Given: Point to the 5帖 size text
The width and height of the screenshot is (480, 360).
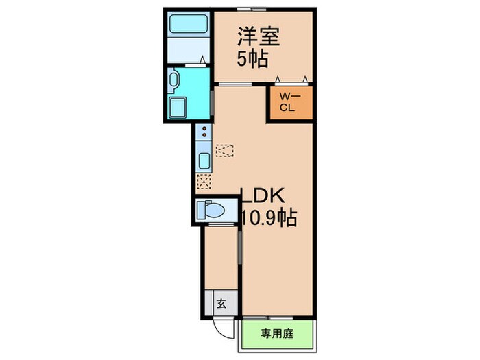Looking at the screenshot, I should (251, 58).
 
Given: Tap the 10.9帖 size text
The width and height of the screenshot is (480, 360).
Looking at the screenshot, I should (268, 219).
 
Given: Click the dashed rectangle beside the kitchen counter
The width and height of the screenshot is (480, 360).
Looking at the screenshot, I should (225, 150).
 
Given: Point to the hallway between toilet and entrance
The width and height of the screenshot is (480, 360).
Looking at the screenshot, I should (221, 257).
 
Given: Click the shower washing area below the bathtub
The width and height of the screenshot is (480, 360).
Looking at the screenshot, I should (187, 50).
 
